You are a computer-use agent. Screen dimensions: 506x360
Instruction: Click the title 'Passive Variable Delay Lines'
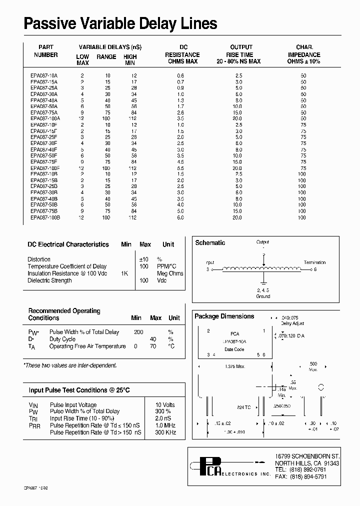click(120, 23)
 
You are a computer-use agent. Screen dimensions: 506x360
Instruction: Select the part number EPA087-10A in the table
click(44, 75)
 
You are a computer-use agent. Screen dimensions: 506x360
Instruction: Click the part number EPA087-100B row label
click(45, 217)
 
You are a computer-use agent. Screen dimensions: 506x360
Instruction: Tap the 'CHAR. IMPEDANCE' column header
click(304, 54)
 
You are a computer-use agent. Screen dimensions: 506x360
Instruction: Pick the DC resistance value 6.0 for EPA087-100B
click(180, 217)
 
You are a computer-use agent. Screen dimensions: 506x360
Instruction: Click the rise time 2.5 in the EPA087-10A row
click(239, 75)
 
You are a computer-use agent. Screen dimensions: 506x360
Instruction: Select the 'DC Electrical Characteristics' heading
click(68, 244)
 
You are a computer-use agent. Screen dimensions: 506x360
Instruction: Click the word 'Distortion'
click(39, 259)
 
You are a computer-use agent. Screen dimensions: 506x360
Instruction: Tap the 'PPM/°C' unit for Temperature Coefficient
click(166, 266)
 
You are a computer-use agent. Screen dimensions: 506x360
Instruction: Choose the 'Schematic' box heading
click(210, 243)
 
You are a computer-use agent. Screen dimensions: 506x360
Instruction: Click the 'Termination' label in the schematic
click(314, 262)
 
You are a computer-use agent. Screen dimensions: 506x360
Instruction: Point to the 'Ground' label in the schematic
click(263, 296)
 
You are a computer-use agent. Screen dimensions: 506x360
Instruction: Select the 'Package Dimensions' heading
click(224, 316)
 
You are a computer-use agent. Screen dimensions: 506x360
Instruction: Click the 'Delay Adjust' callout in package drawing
click(292, 323)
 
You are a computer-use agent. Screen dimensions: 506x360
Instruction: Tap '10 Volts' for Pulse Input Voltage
click(165, 405)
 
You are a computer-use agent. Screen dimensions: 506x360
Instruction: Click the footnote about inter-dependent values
click(70, 365)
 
